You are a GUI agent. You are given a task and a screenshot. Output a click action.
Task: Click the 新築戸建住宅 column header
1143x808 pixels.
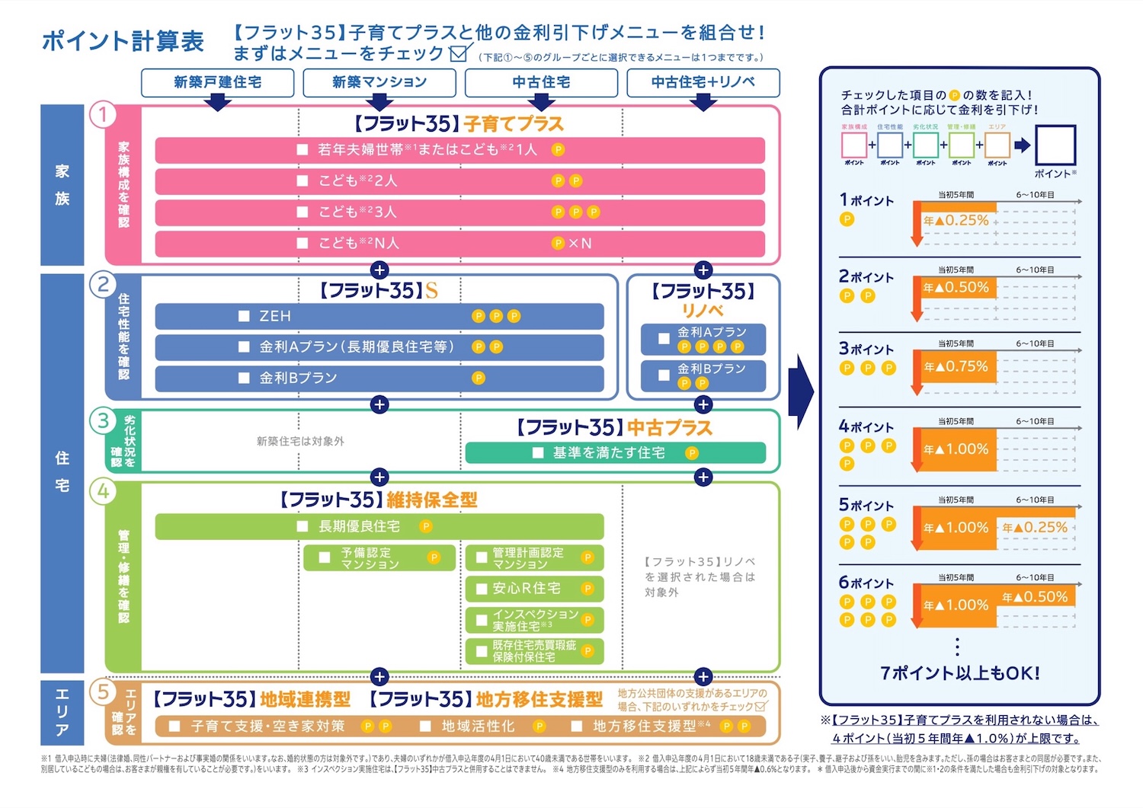(217, 82)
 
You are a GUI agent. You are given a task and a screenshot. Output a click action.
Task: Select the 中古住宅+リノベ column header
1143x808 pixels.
(703, 82)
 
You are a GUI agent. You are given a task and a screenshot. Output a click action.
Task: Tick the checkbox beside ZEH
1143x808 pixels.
(245, 316)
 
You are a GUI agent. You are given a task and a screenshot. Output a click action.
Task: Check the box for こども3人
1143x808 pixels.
(303, 212)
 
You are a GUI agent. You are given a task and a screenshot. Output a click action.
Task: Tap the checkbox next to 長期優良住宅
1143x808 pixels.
(303, 526)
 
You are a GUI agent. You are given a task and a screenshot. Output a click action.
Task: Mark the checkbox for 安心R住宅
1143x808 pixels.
(482, 589)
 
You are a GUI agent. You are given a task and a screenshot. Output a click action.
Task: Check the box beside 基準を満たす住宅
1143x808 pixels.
(538, 453)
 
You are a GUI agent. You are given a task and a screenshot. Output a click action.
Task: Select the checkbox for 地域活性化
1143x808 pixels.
(426, 727)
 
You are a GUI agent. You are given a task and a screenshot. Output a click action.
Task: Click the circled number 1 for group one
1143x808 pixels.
(103, 115)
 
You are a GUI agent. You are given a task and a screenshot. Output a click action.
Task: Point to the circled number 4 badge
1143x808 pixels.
(103, 491)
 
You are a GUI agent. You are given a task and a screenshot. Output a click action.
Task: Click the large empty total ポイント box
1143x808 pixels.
(1055, 145)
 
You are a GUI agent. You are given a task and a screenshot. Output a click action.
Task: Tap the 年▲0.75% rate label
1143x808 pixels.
(956, 366)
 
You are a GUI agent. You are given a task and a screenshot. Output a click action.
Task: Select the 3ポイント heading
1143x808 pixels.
(866, 349)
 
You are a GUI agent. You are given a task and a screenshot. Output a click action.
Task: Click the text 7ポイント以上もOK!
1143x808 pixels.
(959, 673)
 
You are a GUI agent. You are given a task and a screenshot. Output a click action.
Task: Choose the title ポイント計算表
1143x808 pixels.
(123, 40)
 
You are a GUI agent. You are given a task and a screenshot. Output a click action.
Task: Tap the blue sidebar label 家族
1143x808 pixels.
(62, 185)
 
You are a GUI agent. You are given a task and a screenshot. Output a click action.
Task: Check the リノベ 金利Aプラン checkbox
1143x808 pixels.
(664, 339)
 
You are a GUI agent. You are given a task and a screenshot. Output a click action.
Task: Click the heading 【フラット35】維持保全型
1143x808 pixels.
(379, 500)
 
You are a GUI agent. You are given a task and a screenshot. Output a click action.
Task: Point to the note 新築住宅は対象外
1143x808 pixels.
(300, 442)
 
